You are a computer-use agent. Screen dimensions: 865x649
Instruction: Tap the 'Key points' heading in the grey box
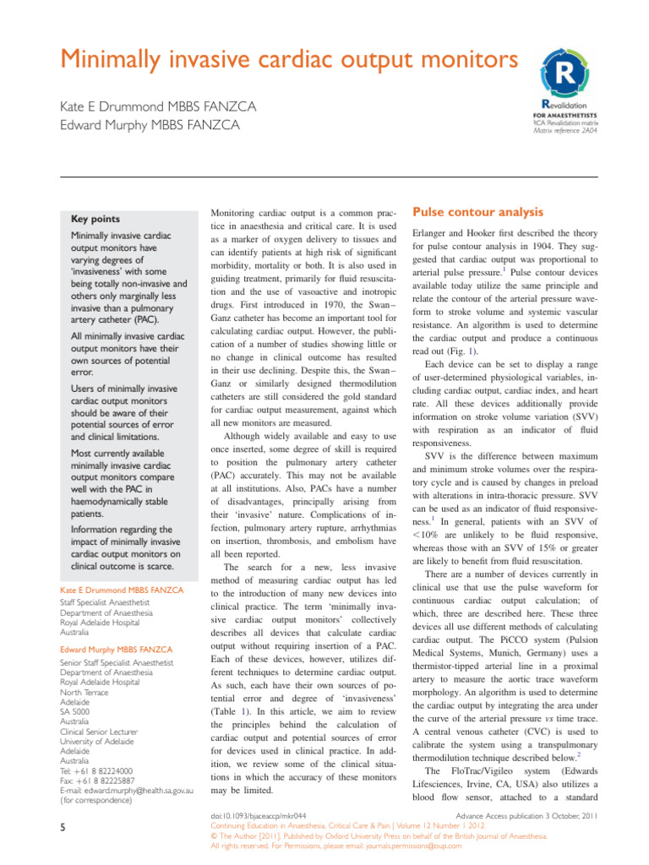pyautogui.click(x=95, y=218)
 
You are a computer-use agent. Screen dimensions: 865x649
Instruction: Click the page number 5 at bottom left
pyautogui.click(x=63, y=830)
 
